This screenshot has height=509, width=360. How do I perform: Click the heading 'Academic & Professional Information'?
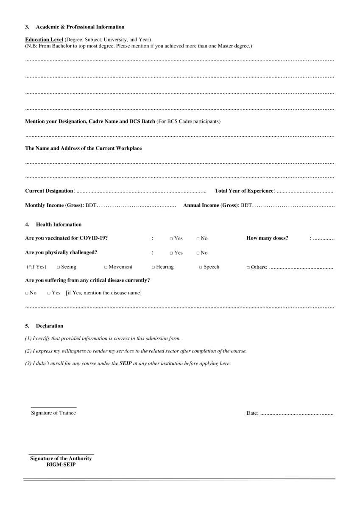80,27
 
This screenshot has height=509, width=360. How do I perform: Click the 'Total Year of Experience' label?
245,192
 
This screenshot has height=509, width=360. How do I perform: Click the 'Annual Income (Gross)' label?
211,206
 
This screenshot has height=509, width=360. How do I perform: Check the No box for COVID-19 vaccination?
198,239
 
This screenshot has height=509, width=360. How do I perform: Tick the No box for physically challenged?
198,253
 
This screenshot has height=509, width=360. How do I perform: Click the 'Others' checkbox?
248,268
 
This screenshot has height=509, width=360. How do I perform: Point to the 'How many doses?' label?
267,238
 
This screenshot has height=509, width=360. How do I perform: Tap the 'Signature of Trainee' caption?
53,413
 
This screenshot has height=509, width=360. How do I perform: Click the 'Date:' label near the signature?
252,413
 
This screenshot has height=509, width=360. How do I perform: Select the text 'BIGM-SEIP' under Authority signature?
61,464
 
